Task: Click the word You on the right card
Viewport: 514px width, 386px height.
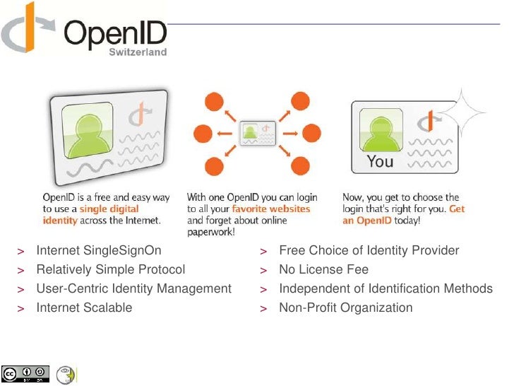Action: pyautogui.click(x=380, y=161)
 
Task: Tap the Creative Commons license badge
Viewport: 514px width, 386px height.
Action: pyautogui.click(x=25, y=373)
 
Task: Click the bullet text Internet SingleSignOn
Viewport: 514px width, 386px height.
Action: pyautogui.click(x=98, y=250)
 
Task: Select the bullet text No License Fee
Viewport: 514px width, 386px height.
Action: pyautogui.click(x=323, y=269)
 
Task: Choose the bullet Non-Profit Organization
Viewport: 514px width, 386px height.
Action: pyautogui.click(x=345, y=308)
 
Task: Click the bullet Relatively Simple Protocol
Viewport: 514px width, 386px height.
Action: pyautogui.click(x=110, y=269)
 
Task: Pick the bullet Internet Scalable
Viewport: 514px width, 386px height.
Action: pyautogui.click(x=84, y=308)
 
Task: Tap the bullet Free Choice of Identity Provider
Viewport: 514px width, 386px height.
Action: pyautogui.click(x=369, y=250)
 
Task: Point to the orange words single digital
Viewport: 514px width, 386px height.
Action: pyautogui.click(x=109, y=209)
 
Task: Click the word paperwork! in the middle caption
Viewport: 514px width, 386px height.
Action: pyautogui.click(x=211, y=231)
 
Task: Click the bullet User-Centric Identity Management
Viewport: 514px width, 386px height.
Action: pyautogui.click(x=133, y=288)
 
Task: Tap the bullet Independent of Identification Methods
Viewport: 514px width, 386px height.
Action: pyautogui.click(x=385, y=288)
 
